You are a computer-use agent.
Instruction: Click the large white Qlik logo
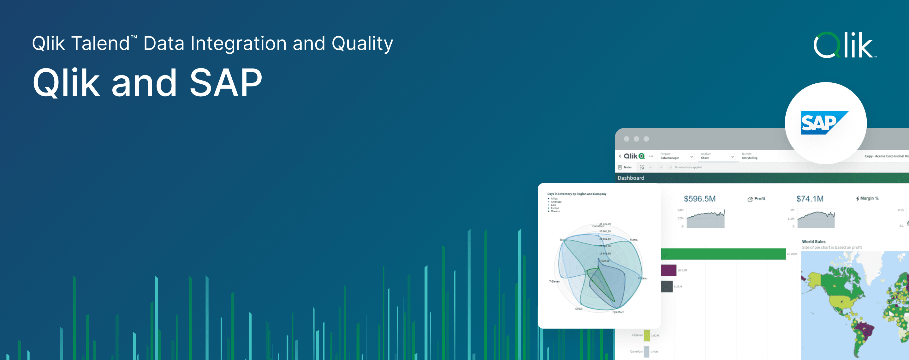pos(844,45)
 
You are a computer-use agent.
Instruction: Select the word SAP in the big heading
pos(226,83)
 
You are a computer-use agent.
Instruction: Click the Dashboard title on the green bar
pos(631,178)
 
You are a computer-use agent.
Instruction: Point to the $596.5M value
pos(699,199)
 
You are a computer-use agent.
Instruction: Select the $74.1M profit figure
pos(810,199)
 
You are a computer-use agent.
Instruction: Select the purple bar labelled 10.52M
pos(668,270)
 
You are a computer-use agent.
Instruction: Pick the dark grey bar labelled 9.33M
pos(667,286)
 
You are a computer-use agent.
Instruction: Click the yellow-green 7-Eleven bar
pos(647,335)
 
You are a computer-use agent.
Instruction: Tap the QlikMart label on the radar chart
pos(618,312)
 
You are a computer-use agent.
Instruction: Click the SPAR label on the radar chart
pos(579,309)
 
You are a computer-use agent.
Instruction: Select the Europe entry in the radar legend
pos(555,208)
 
